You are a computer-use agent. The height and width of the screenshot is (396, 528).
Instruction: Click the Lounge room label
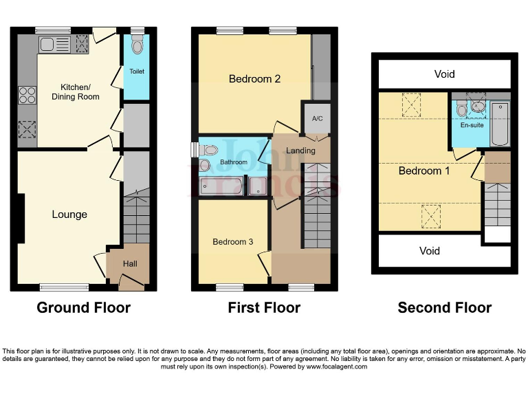pyautogui.click(x=69, y=214)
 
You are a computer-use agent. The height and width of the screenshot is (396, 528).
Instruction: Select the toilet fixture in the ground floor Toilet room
pyautogui.click(x=137, y=46)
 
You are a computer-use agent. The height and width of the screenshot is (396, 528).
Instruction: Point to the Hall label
pyautogui.click(x=130, y=263)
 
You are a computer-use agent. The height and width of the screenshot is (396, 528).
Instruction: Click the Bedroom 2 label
pyautogui.click(x=254, y=79)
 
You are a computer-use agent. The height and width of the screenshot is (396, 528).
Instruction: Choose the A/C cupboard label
pyautogui.click(x=317, y=119)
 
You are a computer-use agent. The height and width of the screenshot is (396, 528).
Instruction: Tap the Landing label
pyautogui.click(x=300, y=151)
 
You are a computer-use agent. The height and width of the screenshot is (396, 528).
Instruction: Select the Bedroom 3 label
pyautogui.click(x=232, y=242)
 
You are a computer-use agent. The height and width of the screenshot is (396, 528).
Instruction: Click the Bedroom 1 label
pyautogui.click(x=424, y=170)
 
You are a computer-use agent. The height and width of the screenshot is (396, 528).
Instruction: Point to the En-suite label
pyautogui.click(x=472, y=125)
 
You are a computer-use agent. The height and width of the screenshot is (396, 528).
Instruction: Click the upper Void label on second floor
pyautogui.click(x=444, y=74)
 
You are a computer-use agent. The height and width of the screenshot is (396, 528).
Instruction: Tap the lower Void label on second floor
pyautogui.click(x=430, y=251)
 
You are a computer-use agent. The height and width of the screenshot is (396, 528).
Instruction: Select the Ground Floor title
pyautogui.click(x=83, y=307)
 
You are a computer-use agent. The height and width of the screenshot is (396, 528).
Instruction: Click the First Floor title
pyautogui.click(x=264, y=307)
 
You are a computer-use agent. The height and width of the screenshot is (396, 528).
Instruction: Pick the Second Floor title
pyautogui.click(x=444, y=307)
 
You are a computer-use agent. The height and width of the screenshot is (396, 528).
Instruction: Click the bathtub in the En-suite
pyautogui.click(x=500, y=124)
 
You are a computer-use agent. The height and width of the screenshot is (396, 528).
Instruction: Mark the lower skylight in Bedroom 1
pyautogui.click(x=430, y=217)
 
